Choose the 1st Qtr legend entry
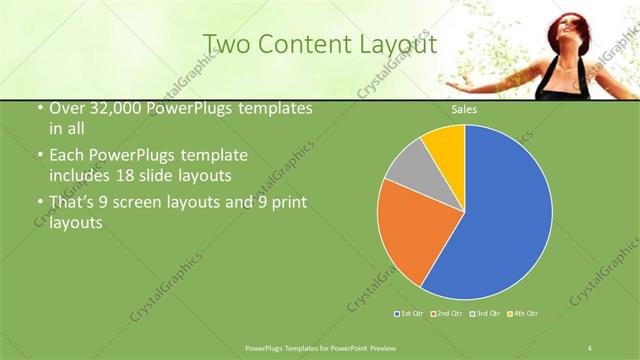click(410, 314)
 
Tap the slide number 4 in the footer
click(590, 347)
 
